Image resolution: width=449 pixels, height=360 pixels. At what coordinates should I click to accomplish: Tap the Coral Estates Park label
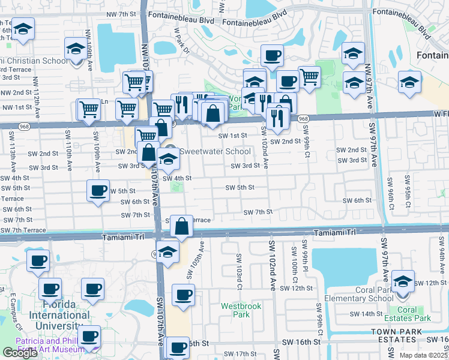click(x=415, y=314)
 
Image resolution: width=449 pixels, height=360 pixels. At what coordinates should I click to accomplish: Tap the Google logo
click(x=20, y=353)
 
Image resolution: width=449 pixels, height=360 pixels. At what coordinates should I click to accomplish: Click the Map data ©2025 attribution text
click(x=424, y=355)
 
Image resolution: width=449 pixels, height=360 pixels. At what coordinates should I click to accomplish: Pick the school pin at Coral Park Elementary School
click(x=402, y=281)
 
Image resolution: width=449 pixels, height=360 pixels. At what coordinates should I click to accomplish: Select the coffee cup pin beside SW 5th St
click(x=97, y=191)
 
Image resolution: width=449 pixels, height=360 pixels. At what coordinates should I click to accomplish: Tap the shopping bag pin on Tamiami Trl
click(x=181, y=227)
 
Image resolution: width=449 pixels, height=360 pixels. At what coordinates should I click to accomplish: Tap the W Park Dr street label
click(x=181, y=40)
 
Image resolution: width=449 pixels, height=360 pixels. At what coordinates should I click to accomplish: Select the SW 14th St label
click(x=367, y=314)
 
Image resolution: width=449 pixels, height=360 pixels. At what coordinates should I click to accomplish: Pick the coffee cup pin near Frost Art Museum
click(x=90, y=336)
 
